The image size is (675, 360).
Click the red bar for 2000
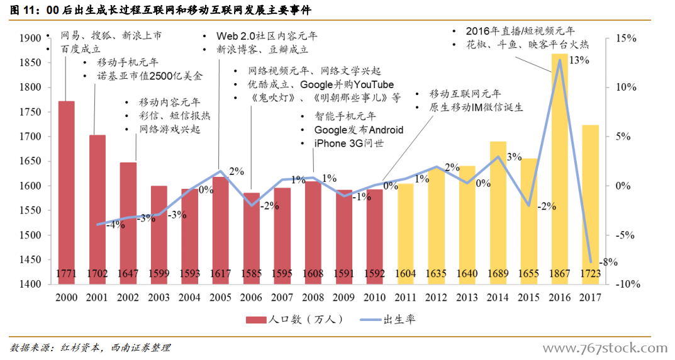tap(66, 189)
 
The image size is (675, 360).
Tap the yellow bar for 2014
tap(498, 208)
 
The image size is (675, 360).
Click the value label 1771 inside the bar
tap(66, 274)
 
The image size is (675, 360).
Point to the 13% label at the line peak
tap(579, 60)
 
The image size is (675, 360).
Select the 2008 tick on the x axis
tap(313, 297)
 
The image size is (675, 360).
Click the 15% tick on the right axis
tap(626, 38)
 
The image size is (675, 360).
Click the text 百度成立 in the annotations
tap(81, 48)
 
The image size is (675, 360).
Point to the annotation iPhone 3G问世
tap(349, 143)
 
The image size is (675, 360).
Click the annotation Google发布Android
tap(359, 130)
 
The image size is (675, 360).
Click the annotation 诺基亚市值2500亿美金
tap(150, 76)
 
